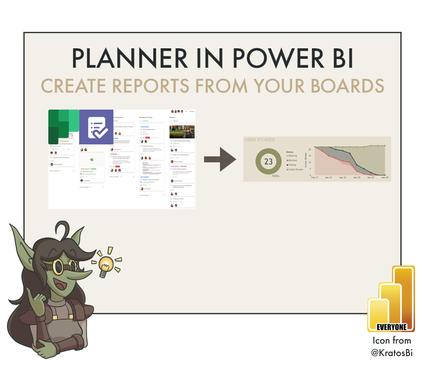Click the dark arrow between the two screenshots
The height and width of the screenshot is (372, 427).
[x=220, y=159]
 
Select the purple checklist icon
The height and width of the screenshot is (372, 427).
[x=97, y=127]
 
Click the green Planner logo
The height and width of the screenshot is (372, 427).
[x=63, y=127]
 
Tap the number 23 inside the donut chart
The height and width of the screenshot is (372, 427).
[x=269, y=162]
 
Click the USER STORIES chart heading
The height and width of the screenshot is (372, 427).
[x=260, y=140]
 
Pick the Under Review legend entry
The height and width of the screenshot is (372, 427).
[x=298, y=170]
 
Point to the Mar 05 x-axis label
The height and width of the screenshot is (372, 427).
[x=356, y=178]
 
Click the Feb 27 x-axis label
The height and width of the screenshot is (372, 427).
[x=314, y=178]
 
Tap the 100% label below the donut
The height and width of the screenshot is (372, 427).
[x=274, y=176]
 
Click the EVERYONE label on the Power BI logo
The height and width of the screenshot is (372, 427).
[x=392, y=327]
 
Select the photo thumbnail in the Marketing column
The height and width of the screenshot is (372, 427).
[x=182, y=131]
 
